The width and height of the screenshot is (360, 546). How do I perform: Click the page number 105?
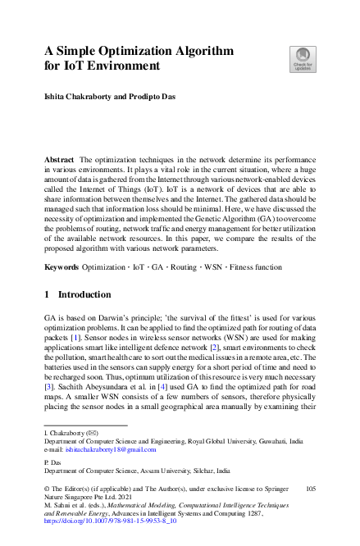pos(309,488)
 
